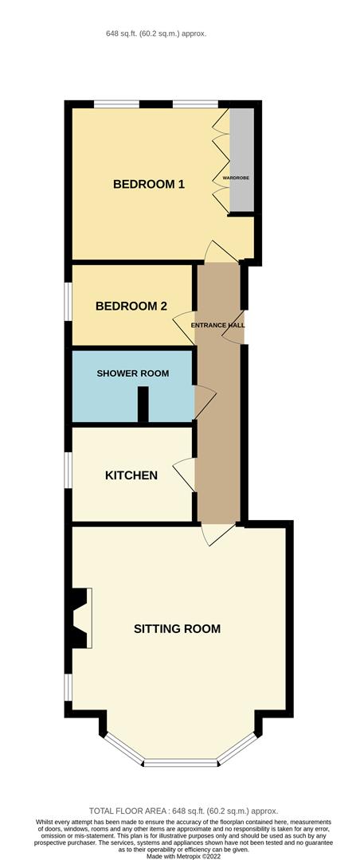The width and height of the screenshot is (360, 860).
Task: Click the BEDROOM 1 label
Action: tap(149, 184)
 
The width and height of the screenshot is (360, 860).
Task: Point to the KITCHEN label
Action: tap(131, 475)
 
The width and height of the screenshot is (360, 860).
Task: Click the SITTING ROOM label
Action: tap(177, 628)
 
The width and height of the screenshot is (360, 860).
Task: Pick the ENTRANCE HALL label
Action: tap(218, 326)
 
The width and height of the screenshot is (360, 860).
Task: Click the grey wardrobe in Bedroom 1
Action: tap(241, 159)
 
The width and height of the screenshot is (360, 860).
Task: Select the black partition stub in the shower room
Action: tap(143, 405)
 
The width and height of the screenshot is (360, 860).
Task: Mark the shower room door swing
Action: tap(204, 402)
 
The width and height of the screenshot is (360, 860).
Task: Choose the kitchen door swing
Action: tap(183, 475)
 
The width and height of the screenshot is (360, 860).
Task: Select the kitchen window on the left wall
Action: tap(68, 475)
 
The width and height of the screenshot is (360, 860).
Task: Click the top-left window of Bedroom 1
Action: tap(116, 104)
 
